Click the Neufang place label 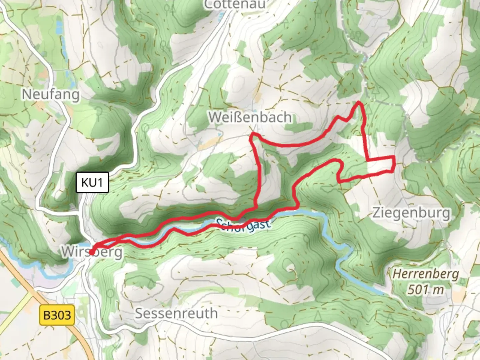coord(51,95)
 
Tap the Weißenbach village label coord(250,117)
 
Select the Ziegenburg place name coord(411,212)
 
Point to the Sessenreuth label coord(176,313)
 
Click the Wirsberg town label coord(92,252)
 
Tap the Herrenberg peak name coord(426,274)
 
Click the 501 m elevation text coord(426,289)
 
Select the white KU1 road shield coord(92,182)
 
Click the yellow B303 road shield coord(57,315)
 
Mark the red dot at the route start coord(91,252)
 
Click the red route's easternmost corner coord(395,163)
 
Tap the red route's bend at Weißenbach coord(252,135)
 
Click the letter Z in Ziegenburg coord(376,212)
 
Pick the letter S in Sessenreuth coord(139,313)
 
